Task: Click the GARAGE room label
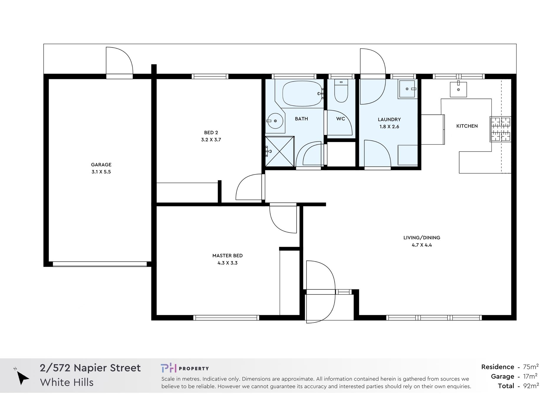tap(101, 165)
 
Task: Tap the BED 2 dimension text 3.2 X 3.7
tap(211, 140)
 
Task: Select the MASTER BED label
tap(228, 256)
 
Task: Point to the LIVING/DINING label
tap(422, 238)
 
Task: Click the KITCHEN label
tap(467, 126)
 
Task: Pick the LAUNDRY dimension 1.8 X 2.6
tap(389, 127)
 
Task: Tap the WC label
tap(341, 119)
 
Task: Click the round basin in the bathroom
tap(275, 121)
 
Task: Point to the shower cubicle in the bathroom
tap(280, 151)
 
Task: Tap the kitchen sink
tap(458, 89)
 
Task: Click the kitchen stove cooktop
tap(500, 129)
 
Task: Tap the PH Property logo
tap(185, 368)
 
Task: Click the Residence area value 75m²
tap(531, 367)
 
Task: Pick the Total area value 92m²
tap(531, 386)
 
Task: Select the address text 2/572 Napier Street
tap(90, 368)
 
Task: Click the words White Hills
tap(67, 382)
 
